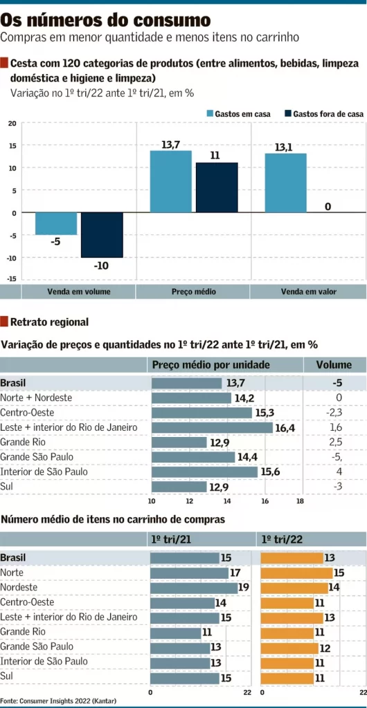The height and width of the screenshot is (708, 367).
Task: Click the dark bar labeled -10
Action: pos(102,235)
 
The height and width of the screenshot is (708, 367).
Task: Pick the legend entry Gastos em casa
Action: pos(239,114)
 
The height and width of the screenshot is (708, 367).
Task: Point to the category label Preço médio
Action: pos(194,292)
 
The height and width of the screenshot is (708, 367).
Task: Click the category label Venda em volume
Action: pos(79,292)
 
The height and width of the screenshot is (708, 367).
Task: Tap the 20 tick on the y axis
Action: pos(12,123)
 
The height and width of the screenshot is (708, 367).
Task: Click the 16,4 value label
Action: pos(285,427)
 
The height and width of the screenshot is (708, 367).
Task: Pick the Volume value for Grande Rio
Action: pos(336,442)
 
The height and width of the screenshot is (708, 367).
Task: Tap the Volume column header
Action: pos(334,365)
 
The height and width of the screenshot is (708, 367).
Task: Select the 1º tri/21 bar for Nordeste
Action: pos(194,588)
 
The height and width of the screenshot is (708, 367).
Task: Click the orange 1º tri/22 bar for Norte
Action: pos(297,573)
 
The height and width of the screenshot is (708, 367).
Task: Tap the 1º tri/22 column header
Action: pos(282,539)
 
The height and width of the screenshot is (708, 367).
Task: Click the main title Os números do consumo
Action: pos(106,20)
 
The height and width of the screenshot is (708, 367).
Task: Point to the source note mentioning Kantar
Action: pos(58,701)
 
